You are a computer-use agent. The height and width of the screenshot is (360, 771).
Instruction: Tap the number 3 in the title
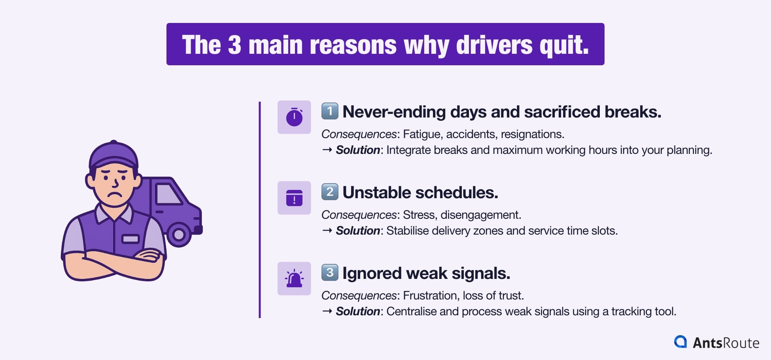click(x=234, y=45)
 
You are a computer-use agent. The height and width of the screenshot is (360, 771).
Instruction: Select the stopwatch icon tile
click(x=294, y=117)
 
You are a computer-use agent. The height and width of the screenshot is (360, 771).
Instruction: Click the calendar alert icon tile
click(x=294, y=198)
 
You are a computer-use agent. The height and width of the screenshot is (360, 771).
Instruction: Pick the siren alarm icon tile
click(x=294, y=279)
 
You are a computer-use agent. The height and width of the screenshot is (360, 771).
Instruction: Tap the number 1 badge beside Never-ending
click(x=330, y=111)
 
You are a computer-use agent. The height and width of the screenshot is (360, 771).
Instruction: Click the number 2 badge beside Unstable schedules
click(x=330, y=192)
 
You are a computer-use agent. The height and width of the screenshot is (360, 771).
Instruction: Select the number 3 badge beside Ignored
click(x=330, y=273)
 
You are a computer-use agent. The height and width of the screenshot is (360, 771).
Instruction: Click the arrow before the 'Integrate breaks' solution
click(x=327, y=150)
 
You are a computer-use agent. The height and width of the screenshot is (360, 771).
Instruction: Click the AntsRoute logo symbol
click(x=680, y=342)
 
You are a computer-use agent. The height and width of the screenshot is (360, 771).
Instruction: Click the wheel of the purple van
click(x=179, y=235)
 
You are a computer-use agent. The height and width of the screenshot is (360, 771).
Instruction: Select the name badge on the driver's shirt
click(x=130, y=239)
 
